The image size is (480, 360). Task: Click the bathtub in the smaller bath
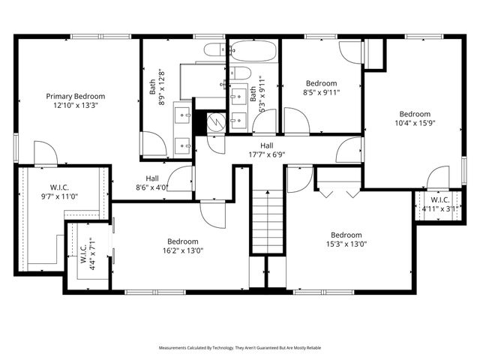click(253, 51)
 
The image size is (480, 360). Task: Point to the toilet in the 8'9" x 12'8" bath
click(214, 49)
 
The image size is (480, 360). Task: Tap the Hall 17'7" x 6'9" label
click(266, 150)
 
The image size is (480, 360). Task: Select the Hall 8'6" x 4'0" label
click(151, 183)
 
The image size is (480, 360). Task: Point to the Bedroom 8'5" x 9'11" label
click(321, 88)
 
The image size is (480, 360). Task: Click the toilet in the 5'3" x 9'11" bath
click(240, 73)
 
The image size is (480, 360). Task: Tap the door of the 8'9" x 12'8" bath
click(154, 144)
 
